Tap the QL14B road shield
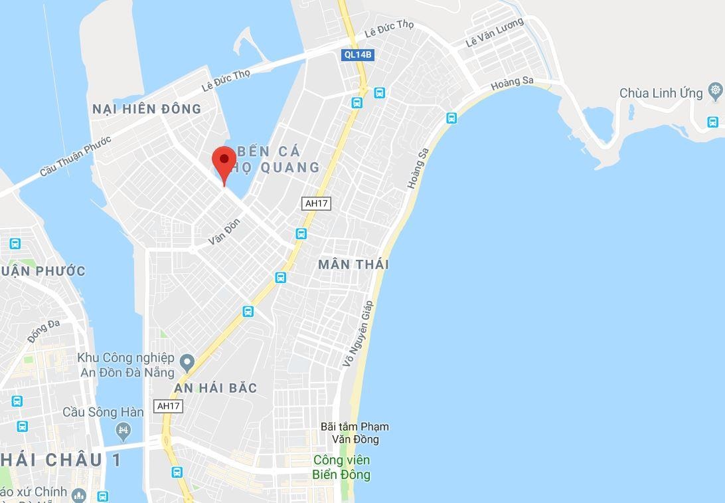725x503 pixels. (x=359, y=56)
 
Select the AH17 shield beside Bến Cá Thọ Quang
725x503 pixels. (x=316, y=203)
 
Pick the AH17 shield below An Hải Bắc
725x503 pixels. (x=168, y=405)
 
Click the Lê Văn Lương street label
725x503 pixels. (x=495, y=33)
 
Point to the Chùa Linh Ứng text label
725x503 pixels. (x=661, y=93)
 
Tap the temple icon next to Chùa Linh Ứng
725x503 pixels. (x=715, y=90)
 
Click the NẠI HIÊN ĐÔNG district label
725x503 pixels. (x=147, y=109)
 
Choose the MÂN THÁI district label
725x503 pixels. (x=353, y=264)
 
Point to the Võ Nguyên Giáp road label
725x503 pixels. (x=359, y=334)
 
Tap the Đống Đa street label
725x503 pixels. (x=44, y=331)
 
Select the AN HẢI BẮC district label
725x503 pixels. (x=215, y=388)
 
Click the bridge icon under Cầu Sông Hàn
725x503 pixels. (x=122, y=431)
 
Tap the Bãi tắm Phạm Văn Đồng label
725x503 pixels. (x=355, y=433)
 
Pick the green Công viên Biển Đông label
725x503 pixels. (x=341, y=467)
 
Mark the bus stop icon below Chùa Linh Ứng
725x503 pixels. (x=712, y=122)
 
